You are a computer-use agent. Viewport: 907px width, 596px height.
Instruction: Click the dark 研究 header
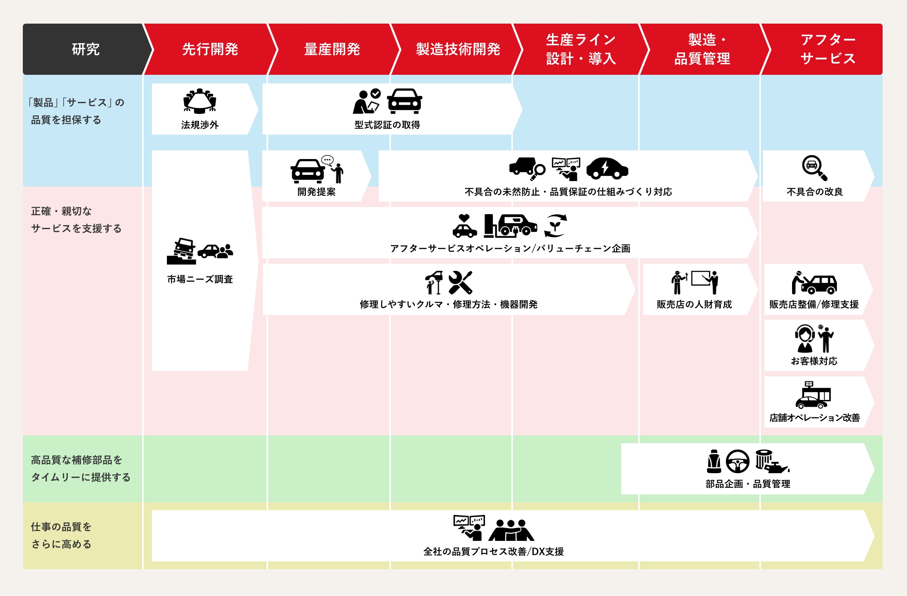pyautogui.click(x=85, y=49)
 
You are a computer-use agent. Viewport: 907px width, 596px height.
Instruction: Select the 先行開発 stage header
pyautogui.click(x=210, y=49)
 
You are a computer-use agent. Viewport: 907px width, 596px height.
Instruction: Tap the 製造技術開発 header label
pyautogui.click(x=458, y=49)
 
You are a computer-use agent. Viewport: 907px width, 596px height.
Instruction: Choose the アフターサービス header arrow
pyautogui.click(x=827, y=49)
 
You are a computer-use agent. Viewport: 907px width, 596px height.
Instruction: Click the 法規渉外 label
pyautogui.click(x=200, y=125)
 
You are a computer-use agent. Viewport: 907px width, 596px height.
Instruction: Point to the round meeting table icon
pyautogui.click(x=200, y=101)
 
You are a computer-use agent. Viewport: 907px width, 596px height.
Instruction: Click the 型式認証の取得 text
pyautogui.click(x=387, y=125)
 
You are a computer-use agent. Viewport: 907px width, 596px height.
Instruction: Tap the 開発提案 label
pyautogui.click(x=317, y=192)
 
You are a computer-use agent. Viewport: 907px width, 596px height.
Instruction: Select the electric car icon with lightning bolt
pyautogui.click(x=607, y=168)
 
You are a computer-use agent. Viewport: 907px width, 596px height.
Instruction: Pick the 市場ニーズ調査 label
pyautogui.click(x=200, y=279)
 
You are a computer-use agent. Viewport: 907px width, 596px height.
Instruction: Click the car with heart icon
pyautogui.click(x=465, y=226)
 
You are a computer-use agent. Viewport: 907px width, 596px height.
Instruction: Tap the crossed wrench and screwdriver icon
pyautogui.click(x=460, y=282)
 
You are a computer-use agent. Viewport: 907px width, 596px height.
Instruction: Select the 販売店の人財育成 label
pyautogui.click(x=694, y=304)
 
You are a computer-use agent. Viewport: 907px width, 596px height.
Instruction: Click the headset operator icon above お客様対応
pyautogui.click(x=805, y=338)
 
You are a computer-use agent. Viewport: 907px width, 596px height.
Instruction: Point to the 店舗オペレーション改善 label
pyautogui.click(x=814, y=418)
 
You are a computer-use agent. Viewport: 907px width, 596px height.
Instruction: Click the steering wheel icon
pyautogui.click(x=737, y=461)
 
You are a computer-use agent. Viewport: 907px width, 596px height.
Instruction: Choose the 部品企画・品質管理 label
pyautogui.click(x=748, y=484)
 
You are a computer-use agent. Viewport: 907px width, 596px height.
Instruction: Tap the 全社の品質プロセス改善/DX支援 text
pyautogui.click(x=493, y=552)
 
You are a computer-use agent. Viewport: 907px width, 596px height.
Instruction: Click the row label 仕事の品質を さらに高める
pyautogui.click(x=61, y=535)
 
